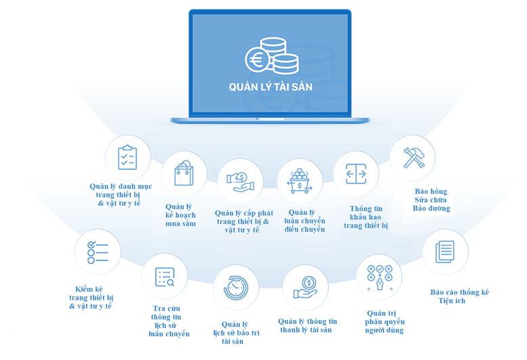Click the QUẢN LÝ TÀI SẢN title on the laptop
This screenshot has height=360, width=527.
point(270,87)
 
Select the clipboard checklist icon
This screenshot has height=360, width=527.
point(127,157)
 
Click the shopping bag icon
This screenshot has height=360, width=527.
point(184,174)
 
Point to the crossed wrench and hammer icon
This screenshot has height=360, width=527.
point(414,158)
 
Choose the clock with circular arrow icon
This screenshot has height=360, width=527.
point(236,288)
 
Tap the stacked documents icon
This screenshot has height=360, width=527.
point(444,252)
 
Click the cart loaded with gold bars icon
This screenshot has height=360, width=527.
point(299,181)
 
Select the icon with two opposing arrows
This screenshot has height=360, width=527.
point(356,174)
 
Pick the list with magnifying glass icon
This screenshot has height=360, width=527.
point(165,277)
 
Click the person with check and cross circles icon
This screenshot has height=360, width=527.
point(380,278)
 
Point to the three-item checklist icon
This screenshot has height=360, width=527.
point(98,252)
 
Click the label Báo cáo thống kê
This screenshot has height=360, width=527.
point(459,292)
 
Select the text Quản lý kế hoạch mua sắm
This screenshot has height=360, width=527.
point(180,215)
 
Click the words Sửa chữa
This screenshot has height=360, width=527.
point(431,200)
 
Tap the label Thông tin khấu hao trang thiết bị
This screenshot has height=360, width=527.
point(366,218)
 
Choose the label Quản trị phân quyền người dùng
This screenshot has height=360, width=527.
point(385,322)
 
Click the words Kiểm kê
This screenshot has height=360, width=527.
point(89,289)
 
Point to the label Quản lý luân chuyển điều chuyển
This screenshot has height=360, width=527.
point(305,221)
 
